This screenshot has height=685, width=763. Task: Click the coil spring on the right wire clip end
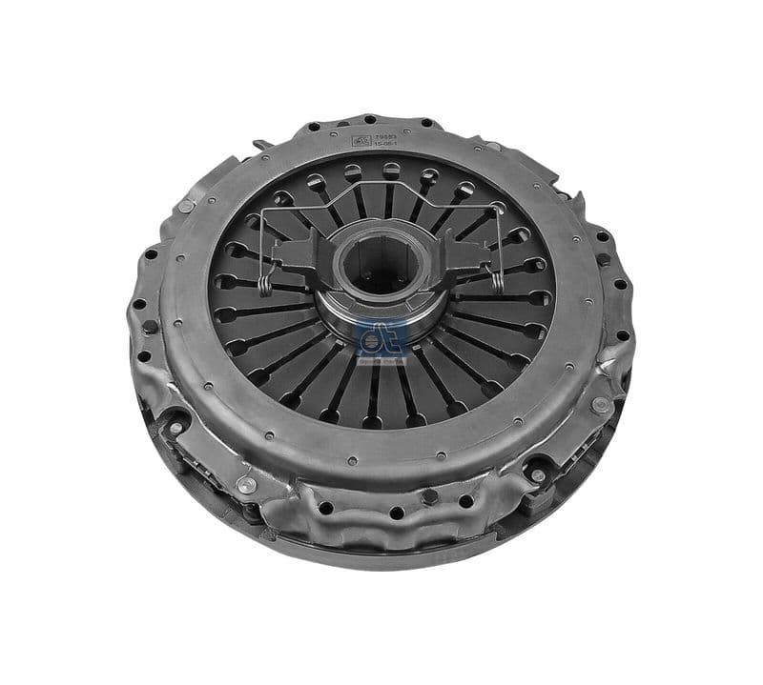point(496,277)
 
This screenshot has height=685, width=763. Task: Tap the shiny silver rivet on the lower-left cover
point(247,485)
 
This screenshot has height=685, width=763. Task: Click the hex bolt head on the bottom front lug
point(431,495)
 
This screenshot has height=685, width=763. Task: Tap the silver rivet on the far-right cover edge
point(601,404)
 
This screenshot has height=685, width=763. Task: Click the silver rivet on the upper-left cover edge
point(186,206)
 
